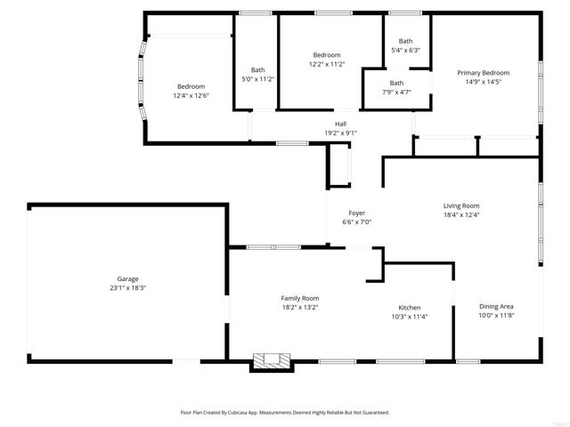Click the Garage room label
128,278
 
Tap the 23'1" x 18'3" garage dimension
128,288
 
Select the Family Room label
300,298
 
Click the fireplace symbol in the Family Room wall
272,360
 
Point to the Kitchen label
410,308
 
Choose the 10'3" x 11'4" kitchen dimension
410,317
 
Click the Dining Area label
496,307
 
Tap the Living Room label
461,205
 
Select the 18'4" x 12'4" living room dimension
461,214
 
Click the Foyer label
356,213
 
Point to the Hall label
340,124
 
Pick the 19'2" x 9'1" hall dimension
340,133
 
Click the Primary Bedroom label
484,73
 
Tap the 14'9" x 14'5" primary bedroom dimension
484,82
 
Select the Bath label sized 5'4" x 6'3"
405,41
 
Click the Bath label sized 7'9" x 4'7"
396,83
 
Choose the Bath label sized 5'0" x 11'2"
257,70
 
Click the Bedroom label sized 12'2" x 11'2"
327,55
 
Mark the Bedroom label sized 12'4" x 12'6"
191,86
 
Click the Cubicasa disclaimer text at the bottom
285,413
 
